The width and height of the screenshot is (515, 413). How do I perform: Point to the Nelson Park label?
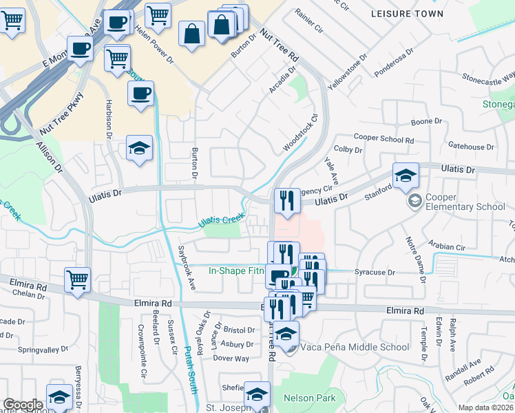(309, 399)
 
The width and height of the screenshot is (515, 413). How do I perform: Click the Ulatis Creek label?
(222, 220)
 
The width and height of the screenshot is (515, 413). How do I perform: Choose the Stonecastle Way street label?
(489, 77)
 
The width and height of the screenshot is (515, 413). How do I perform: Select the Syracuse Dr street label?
(375, 273)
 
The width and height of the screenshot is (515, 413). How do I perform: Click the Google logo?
(23, 405)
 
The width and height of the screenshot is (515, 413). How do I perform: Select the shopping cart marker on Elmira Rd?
(77, 281)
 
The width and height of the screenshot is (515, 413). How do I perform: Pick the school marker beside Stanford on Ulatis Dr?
(406, 176)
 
